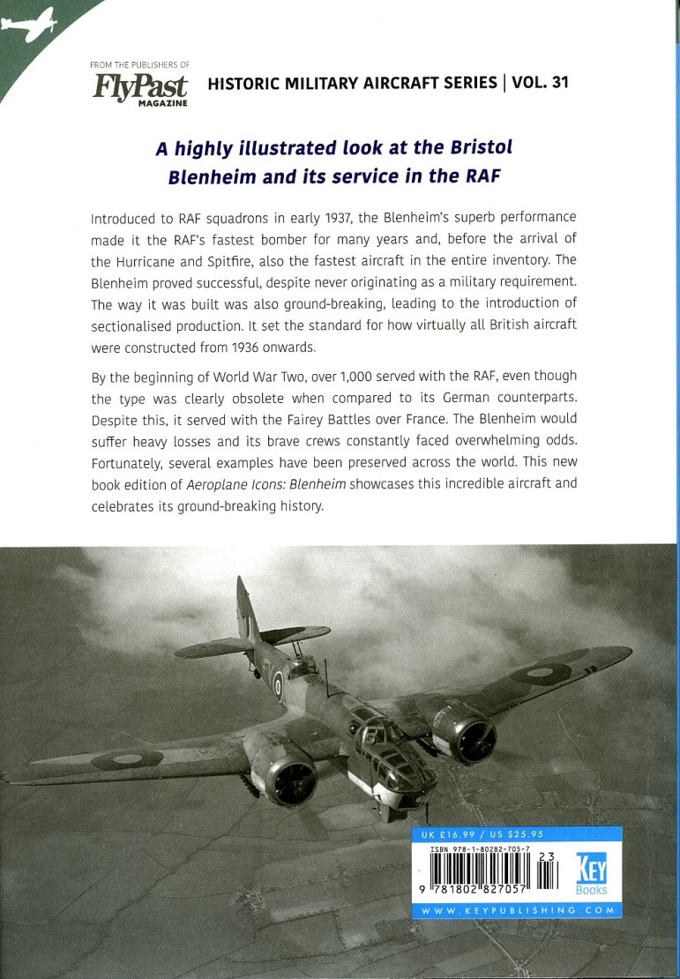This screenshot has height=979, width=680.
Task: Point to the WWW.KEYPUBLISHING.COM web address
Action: click(x=517, y=909)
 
